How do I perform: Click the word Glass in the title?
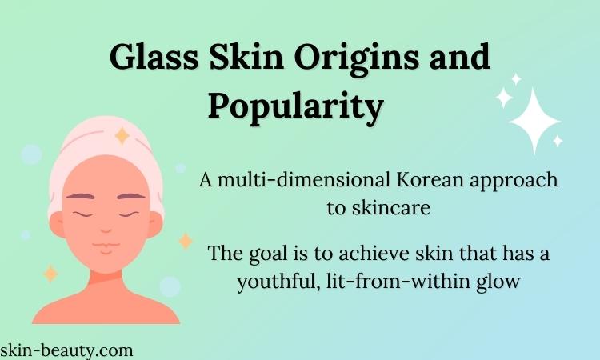point(154,58)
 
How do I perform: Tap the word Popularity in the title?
point(296,106)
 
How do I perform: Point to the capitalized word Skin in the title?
point(246,56)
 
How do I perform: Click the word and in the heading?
point(459,56)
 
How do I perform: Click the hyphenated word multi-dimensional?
point(304,180)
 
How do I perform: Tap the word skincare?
point(390,208)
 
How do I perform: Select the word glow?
point(498,282)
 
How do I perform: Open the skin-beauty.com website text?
point(66,351)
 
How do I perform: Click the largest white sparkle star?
point(534,121)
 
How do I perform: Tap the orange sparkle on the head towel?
point(122,135)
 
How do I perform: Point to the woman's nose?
point(106,230)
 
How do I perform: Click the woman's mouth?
point(106,246)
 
